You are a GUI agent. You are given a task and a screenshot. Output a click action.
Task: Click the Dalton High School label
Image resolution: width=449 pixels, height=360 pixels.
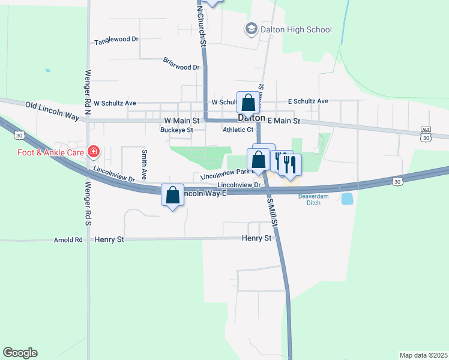(295, 29)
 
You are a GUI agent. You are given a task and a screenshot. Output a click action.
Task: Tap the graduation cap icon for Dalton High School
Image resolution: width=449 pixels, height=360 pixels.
(250, 29)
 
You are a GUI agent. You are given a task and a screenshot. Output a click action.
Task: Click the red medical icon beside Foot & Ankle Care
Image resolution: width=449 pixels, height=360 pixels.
(94, 151)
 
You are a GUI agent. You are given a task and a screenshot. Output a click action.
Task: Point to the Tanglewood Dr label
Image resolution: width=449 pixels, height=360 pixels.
(116, 42)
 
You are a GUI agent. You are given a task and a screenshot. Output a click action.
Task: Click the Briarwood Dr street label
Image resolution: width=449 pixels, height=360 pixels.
(181, 64)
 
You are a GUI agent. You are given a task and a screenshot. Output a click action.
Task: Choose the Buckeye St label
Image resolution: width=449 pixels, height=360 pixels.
(176, 130)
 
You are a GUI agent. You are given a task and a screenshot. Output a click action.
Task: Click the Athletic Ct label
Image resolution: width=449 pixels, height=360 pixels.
(238, 130)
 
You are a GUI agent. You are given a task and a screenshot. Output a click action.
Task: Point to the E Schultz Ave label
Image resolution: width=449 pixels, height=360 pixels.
(308, 101)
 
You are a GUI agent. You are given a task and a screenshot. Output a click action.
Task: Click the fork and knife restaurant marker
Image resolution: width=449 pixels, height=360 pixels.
(291, 164)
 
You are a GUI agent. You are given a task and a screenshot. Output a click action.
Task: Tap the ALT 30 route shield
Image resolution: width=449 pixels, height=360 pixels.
(426, 134)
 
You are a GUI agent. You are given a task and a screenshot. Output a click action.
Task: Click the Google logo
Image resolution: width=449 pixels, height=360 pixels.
(20, 353)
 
